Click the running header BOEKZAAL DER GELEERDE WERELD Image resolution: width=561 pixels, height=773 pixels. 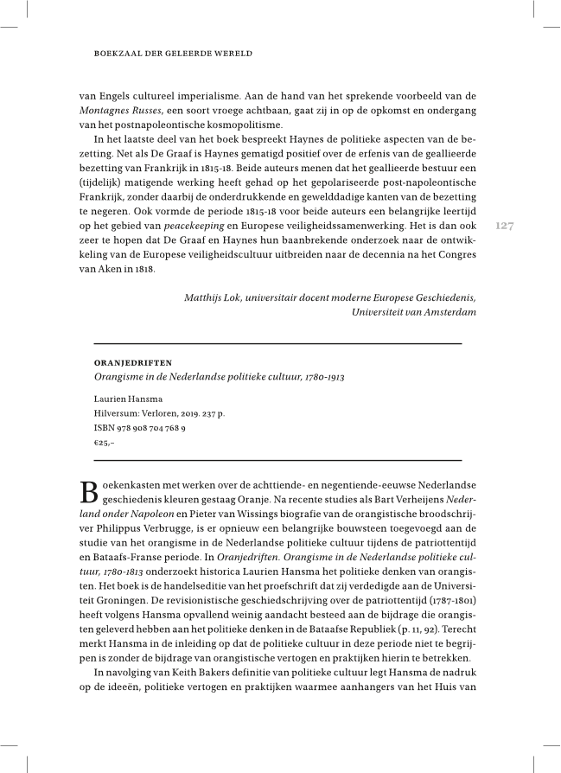[x=172, y=54]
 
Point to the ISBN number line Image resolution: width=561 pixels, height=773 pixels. [x=139, y=427]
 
